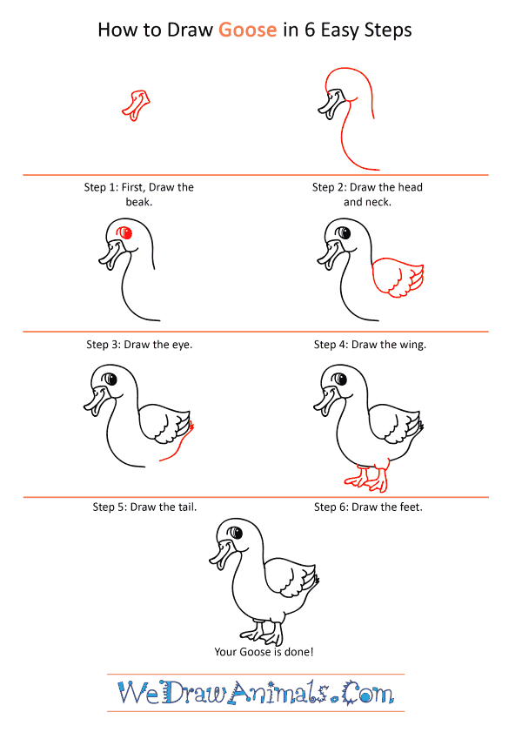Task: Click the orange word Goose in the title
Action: coord(247,30)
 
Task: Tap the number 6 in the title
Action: coord(310,30)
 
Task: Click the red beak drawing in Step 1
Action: coord(136,105)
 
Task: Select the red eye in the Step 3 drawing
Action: coord(125,232)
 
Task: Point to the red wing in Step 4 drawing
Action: coord(398,278)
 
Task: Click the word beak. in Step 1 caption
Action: coord(139,202)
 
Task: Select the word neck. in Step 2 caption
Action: coord(378,202)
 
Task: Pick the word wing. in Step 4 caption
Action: coord(412,345)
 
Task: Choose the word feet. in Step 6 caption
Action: coord(412,507)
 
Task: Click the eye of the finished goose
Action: coord(236,533)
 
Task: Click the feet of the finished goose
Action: coord(262,633)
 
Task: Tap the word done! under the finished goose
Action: coord(299,651)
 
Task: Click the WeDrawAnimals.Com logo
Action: coord(256,692)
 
